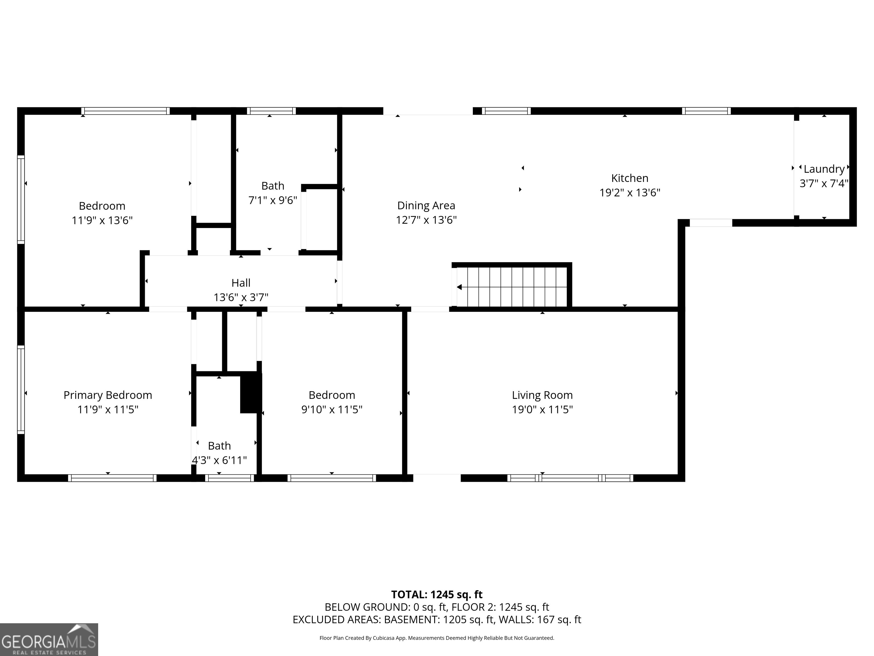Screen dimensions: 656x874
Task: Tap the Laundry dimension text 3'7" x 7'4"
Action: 824,183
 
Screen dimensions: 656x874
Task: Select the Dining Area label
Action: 426,205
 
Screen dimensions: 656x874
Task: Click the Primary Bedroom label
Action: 108,395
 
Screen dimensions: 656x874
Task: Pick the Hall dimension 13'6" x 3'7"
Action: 241,297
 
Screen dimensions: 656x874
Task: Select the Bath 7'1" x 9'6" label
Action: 273,186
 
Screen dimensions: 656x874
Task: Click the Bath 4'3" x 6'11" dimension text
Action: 219,460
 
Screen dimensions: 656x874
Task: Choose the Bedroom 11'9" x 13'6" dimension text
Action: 102,220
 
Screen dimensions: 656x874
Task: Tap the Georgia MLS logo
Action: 49,639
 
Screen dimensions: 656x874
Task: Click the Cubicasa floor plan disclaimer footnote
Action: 437,638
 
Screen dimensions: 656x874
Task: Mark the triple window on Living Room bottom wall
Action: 570,478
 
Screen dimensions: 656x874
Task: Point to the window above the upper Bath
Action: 271,111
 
